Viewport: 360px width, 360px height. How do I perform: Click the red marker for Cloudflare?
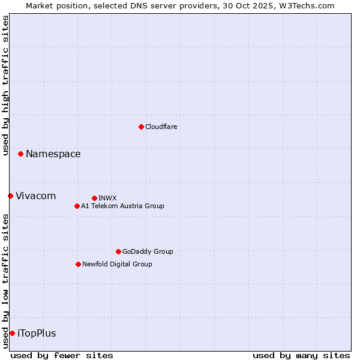[141, 127]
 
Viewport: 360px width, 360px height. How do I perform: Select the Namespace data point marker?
[20, 154]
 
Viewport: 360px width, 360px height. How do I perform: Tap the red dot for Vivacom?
[10, 196]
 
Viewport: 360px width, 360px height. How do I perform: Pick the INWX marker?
[94, 198]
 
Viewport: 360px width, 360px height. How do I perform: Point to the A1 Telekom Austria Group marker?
[77, 206]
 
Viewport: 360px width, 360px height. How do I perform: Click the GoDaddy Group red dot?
[118, 251]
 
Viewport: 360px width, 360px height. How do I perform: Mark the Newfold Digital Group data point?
[78, 264]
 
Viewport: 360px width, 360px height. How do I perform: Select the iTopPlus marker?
[12, 333]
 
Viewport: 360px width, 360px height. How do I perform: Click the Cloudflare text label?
[161, 127]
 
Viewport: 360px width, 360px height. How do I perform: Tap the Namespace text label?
[53, 154]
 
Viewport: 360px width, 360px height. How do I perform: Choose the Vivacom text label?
[35, 196]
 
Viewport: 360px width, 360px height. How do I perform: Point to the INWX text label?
[107, 198]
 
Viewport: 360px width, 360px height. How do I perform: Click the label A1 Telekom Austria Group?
[122, 206]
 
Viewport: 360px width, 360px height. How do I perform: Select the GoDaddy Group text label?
[148, 251]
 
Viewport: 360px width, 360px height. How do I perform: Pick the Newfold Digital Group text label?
[117, 264]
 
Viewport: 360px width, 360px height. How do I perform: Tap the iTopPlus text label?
[37, 333]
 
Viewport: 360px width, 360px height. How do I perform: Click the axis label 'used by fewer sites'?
[62, 355]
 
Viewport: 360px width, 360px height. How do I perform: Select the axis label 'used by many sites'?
[301, 355]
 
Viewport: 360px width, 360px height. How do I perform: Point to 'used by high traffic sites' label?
[5, 85]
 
